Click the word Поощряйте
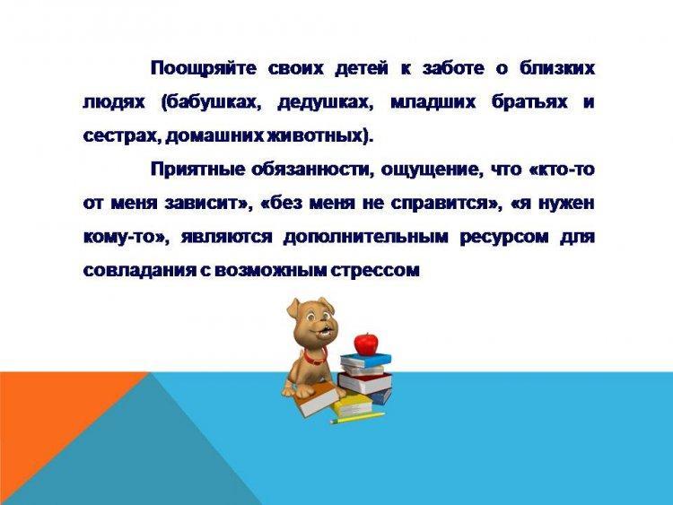pos(204,69)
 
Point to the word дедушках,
pos(325,103)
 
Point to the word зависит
pos(203,203)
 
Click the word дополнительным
pos(366,238)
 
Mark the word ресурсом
pos(504,238)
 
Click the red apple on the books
pos(366,344)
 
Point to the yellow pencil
pos(357,418)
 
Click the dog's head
pos(311,320)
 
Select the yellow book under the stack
pos(352,405)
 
